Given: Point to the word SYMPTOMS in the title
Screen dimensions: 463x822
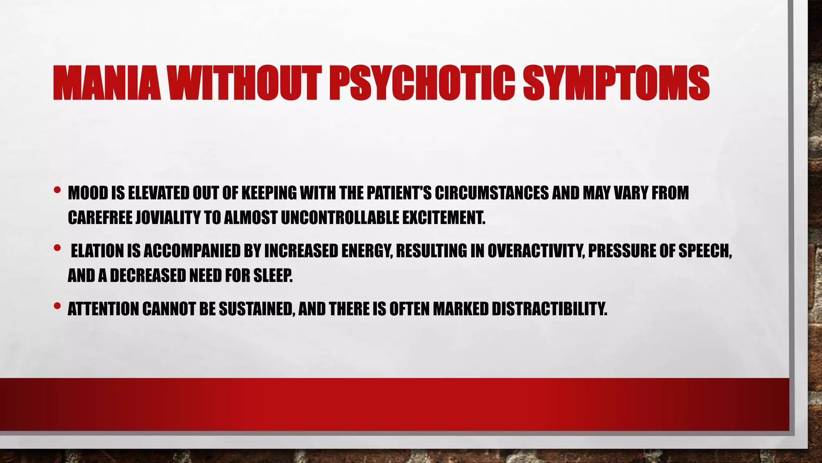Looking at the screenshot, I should click(x=616, y=83).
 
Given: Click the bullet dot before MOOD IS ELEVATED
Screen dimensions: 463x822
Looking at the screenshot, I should click(x=57, y=190).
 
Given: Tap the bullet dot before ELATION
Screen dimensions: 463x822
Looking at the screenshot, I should click(x=57, y=248).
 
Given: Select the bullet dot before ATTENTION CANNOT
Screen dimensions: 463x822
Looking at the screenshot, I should click(x=57, y=306).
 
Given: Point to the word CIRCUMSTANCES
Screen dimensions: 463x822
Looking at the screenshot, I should click(x=492, y=193).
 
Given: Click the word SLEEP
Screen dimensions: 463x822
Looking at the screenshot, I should click(x=273, y=276).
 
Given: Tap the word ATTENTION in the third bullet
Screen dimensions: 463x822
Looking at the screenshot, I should click(x=103, y=309).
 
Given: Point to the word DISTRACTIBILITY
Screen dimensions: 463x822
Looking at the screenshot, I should click(x=549, y=309).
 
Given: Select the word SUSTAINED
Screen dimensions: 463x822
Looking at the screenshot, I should click(x=256, y=309).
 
